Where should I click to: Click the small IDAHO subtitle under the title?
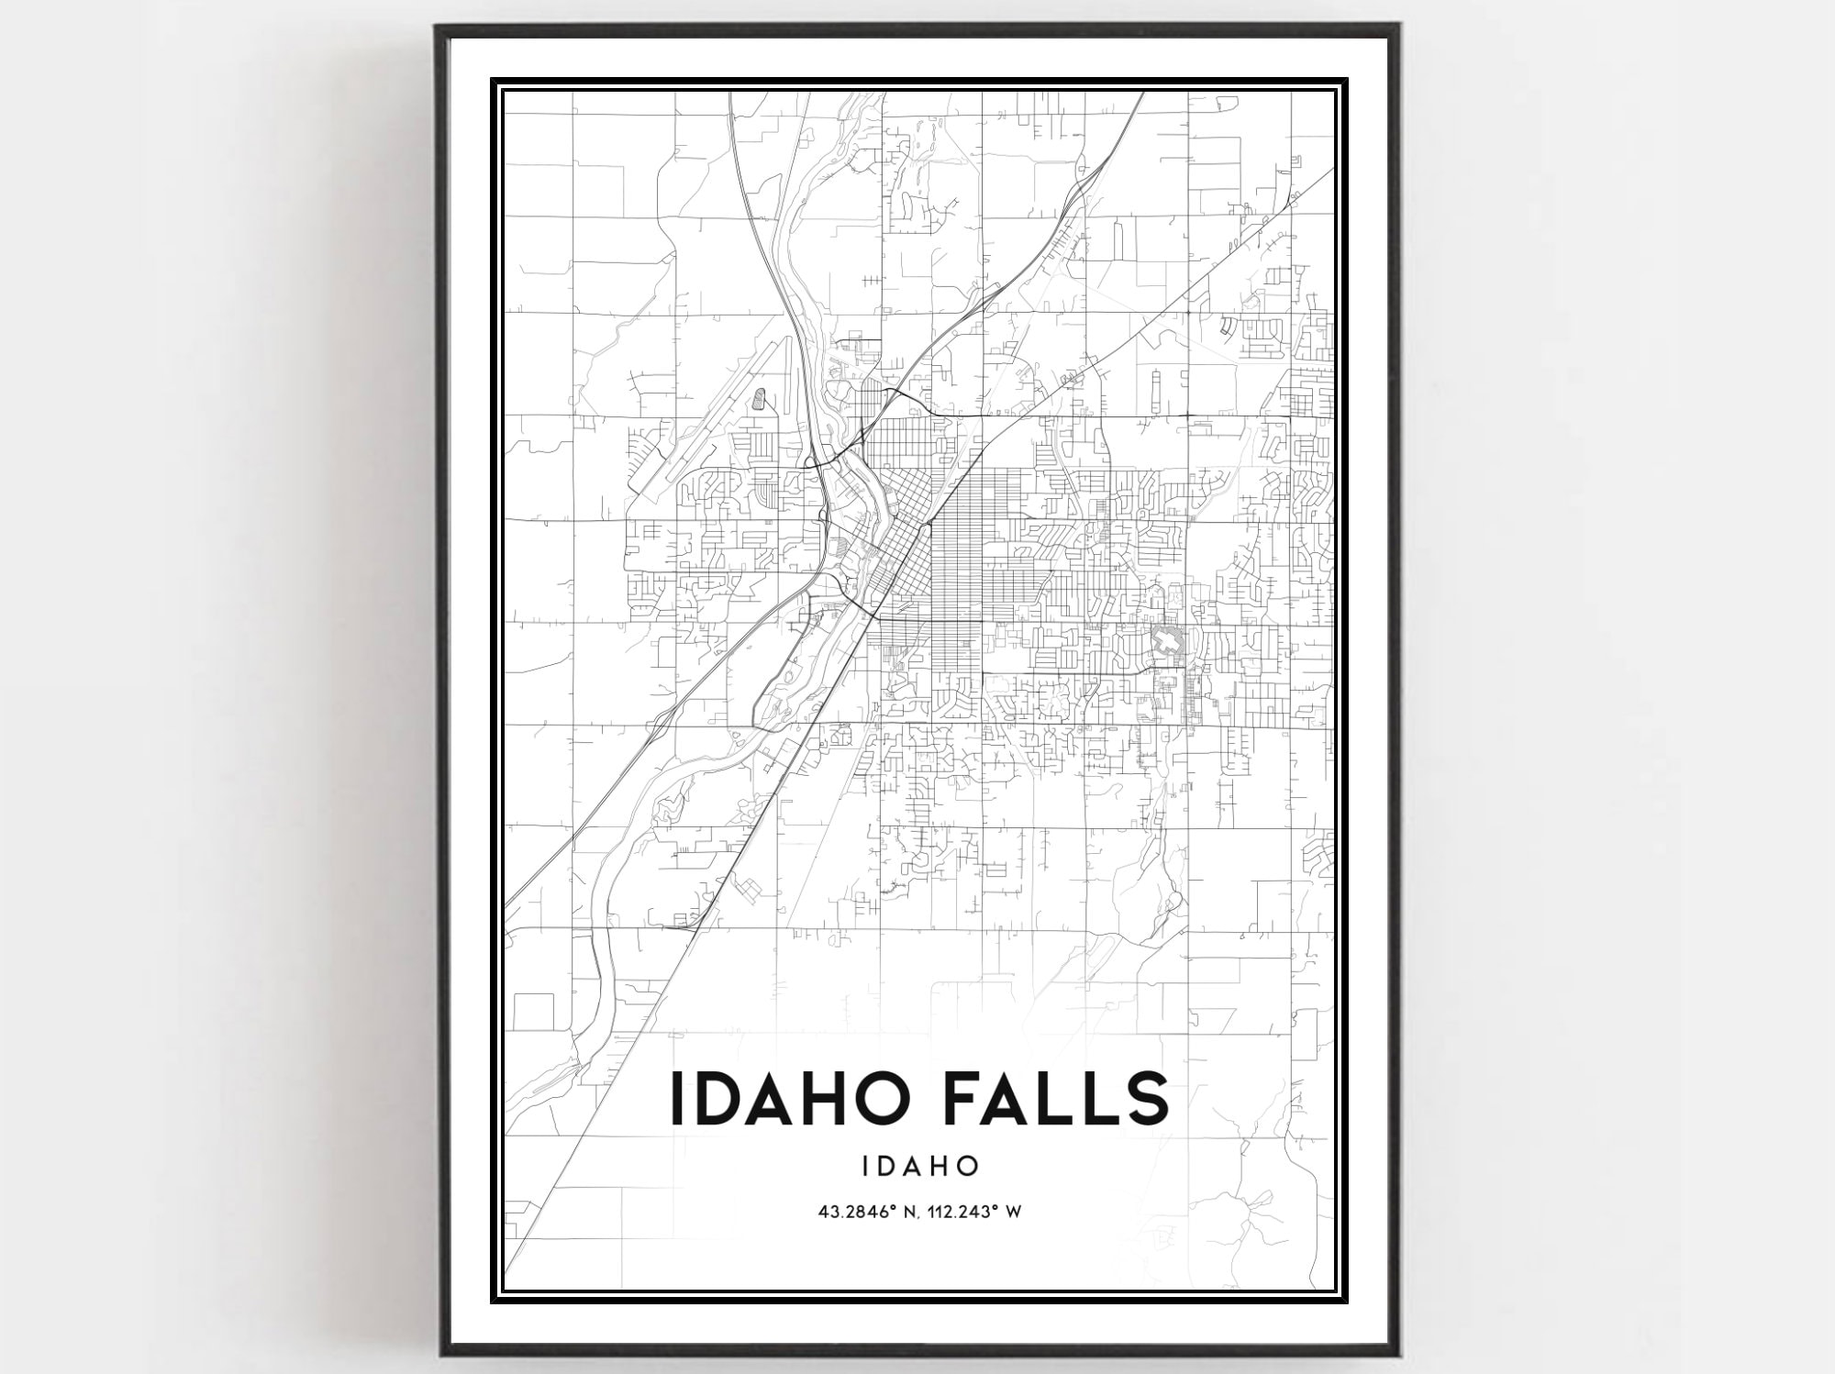(919, 1166)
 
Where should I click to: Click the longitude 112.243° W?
(977, 1213)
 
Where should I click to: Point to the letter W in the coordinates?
(1013, 1213)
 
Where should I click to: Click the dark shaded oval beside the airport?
(759, 400)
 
